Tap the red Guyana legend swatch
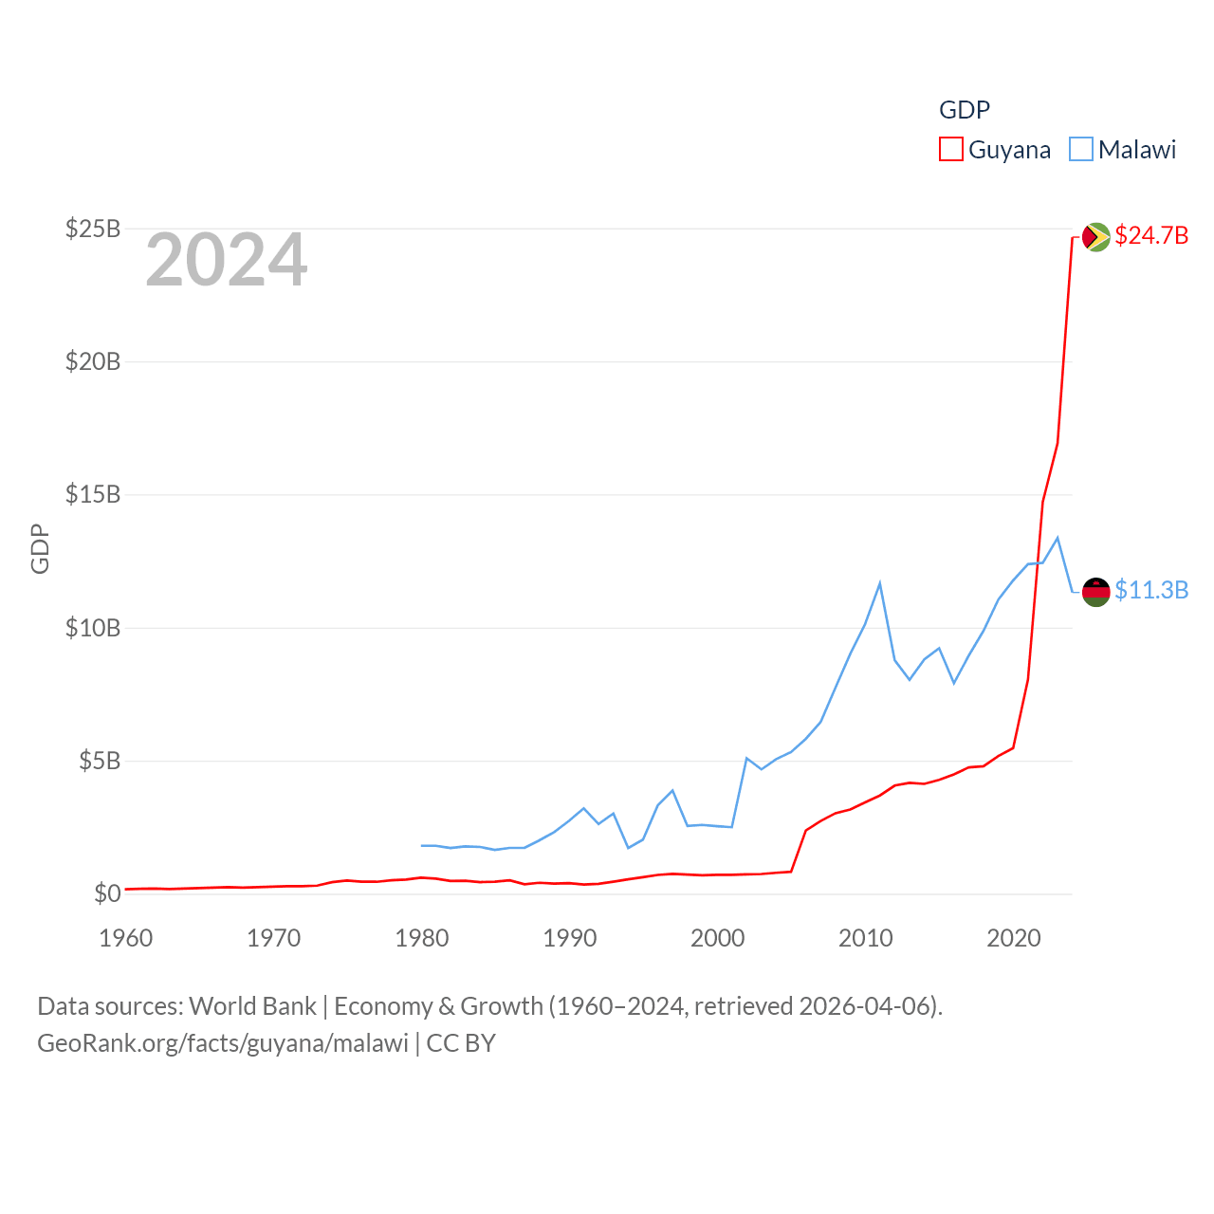click(951, 150)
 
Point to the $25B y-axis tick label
click(93, 229)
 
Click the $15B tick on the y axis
click(93, 494)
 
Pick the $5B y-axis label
click(100, 761)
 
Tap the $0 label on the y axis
click(107, 893)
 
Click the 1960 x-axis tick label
click(126, 938)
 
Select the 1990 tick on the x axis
click(570, 938)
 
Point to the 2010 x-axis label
click(866, 938)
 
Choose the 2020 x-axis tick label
click(1014, 938)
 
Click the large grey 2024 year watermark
click(227, 260)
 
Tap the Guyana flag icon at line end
click(1096, 236)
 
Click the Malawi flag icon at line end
click(1096, 592)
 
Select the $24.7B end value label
click(1151, 235)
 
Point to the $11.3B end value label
click(1151, 590)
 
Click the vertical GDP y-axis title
click(40, 548)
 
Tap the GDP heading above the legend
click(965, 110)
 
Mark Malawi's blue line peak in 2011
click(880, 583)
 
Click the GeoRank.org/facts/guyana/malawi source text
click(223, 1043)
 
